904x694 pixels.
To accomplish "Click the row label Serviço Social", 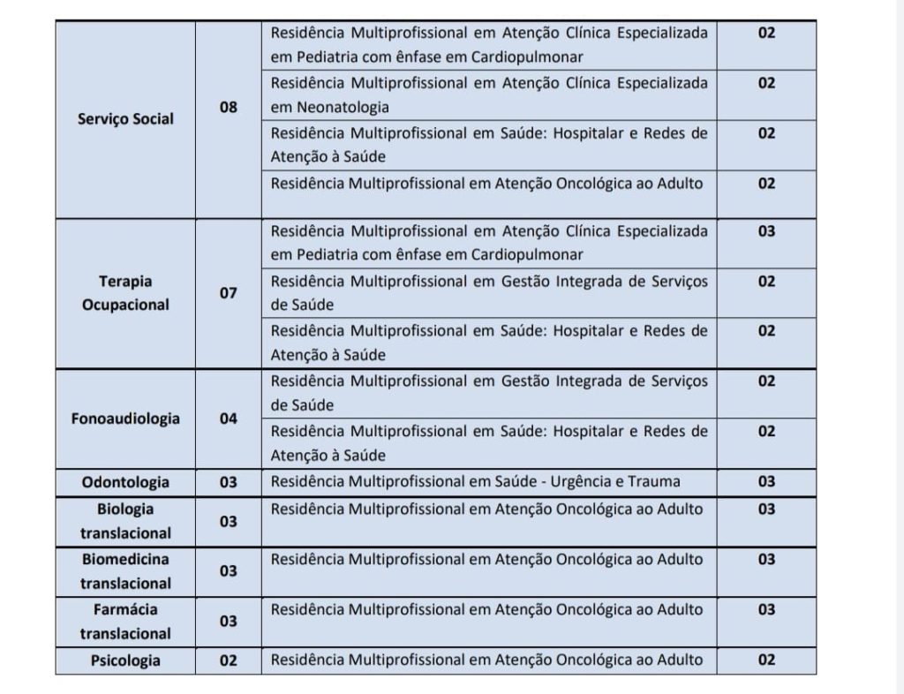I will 125,119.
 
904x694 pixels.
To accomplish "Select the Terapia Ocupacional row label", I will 125,292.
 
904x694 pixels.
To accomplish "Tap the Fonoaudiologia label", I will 125,419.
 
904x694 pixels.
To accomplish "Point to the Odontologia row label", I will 125,482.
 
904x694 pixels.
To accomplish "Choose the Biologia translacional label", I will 125,521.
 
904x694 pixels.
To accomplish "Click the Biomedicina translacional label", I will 125,571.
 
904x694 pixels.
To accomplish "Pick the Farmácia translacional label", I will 125,622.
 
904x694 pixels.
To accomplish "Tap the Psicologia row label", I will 125,660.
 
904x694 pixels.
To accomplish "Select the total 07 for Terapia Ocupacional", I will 229,292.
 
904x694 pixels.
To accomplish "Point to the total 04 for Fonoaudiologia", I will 229,419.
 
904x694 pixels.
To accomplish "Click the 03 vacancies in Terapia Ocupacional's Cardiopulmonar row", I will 766,231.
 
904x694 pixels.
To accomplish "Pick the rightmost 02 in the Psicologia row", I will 766,660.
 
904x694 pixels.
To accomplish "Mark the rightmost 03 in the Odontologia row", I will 766,481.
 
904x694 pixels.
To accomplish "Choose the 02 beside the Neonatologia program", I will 766,83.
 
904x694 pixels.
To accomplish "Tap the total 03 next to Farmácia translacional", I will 229,622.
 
